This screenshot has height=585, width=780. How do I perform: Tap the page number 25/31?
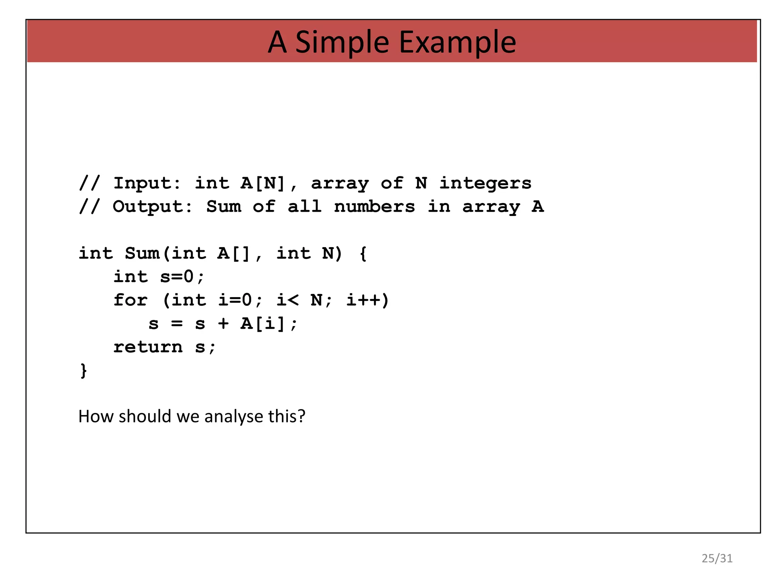click(717, 558)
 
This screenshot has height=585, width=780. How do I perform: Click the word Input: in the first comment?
click(148, 183)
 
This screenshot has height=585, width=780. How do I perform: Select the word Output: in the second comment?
click(153, 207)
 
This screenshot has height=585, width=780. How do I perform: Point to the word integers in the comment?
click(485, 183)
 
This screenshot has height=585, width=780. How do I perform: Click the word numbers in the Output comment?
click(374, 207)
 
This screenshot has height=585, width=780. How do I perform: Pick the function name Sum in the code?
click(142, 253)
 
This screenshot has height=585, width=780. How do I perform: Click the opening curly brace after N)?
click(363, 254)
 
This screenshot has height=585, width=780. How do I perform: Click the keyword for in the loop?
click(130, 300)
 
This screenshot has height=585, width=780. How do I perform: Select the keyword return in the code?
click(148, 347)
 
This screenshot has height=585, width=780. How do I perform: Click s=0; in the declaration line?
click(182, 277)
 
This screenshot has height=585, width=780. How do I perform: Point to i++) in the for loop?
click(368, 300)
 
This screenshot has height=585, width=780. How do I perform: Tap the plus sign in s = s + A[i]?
click(224, 324)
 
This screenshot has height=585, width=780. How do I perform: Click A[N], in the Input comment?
click(269, 183)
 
